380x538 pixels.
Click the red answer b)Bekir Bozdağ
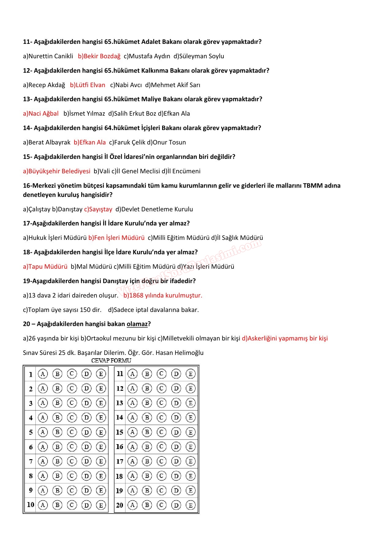pos(99,56)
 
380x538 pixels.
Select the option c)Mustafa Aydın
pos(147,56)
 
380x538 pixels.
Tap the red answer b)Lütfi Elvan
pos(88,85)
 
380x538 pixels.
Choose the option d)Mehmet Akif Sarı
pos(173,85)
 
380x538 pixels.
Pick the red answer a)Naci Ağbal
pos(41,113)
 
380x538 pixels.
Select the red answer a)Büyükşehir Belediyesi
pos(57,171)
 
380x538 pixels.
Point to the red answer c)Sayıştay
pos(98,209)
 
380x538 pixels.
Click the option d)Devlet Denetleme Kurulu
pos(154,209)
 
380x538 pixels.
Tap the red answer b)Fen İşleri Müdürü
pos(116,238)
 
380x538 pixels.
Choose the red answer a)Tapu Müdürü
pos(45,267)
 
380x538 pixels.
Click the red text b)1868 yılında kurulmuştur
pos(163,295)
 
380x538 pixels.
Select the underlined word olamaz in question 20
pos(137,324)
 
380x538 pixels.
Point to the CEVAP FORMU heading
pos(111,360)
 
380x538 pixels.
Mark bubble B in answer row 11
pos(147,374)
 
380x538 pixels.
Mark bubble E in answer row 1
pos(101,374)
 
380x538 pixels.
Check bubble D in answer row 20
pos(176,505)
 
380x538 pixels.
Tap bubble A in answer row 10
pos(43,505)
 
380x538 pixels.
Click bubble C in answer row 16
pos(161,447)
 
